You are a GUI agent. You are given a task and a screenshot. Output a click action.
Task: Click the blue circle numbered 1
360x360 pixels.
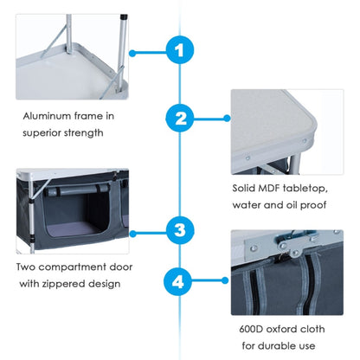click(x=179, y=51)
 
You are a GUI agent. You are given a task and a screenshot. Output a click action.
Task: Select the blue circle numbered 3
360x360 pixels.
click(x=179, y=231)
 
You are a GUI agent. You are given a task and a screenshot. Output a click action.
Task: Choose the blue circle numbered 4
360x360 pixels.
click(x=179, y=281)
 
